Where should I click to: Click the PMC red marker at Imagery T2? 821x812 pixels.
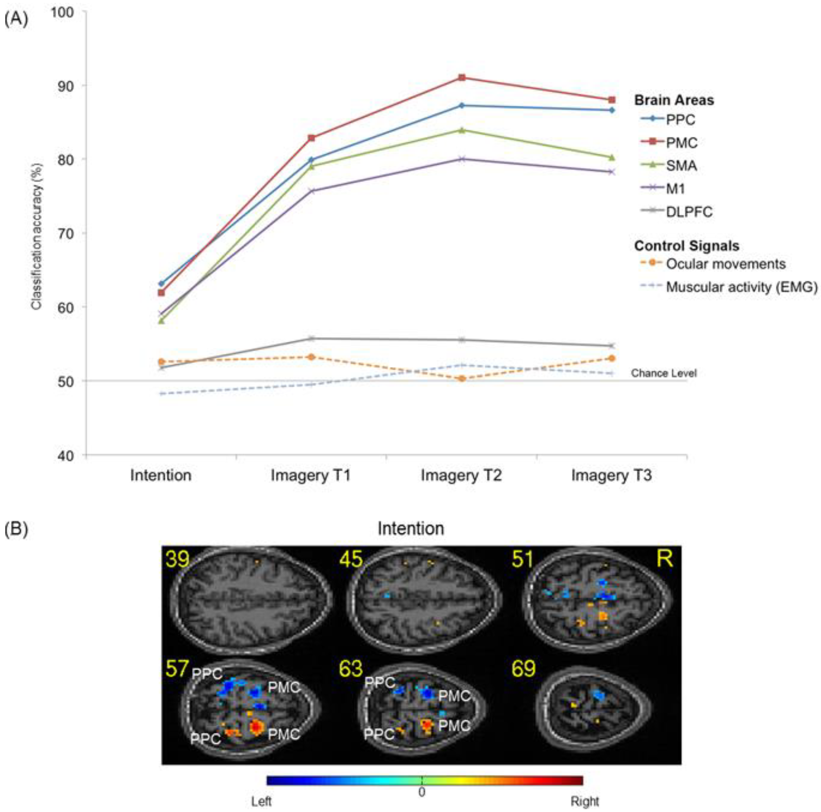462,78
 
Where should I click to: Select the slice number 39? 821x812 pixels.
178,559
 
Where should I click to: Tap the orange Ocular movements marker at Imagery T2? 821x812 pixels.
462,379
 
